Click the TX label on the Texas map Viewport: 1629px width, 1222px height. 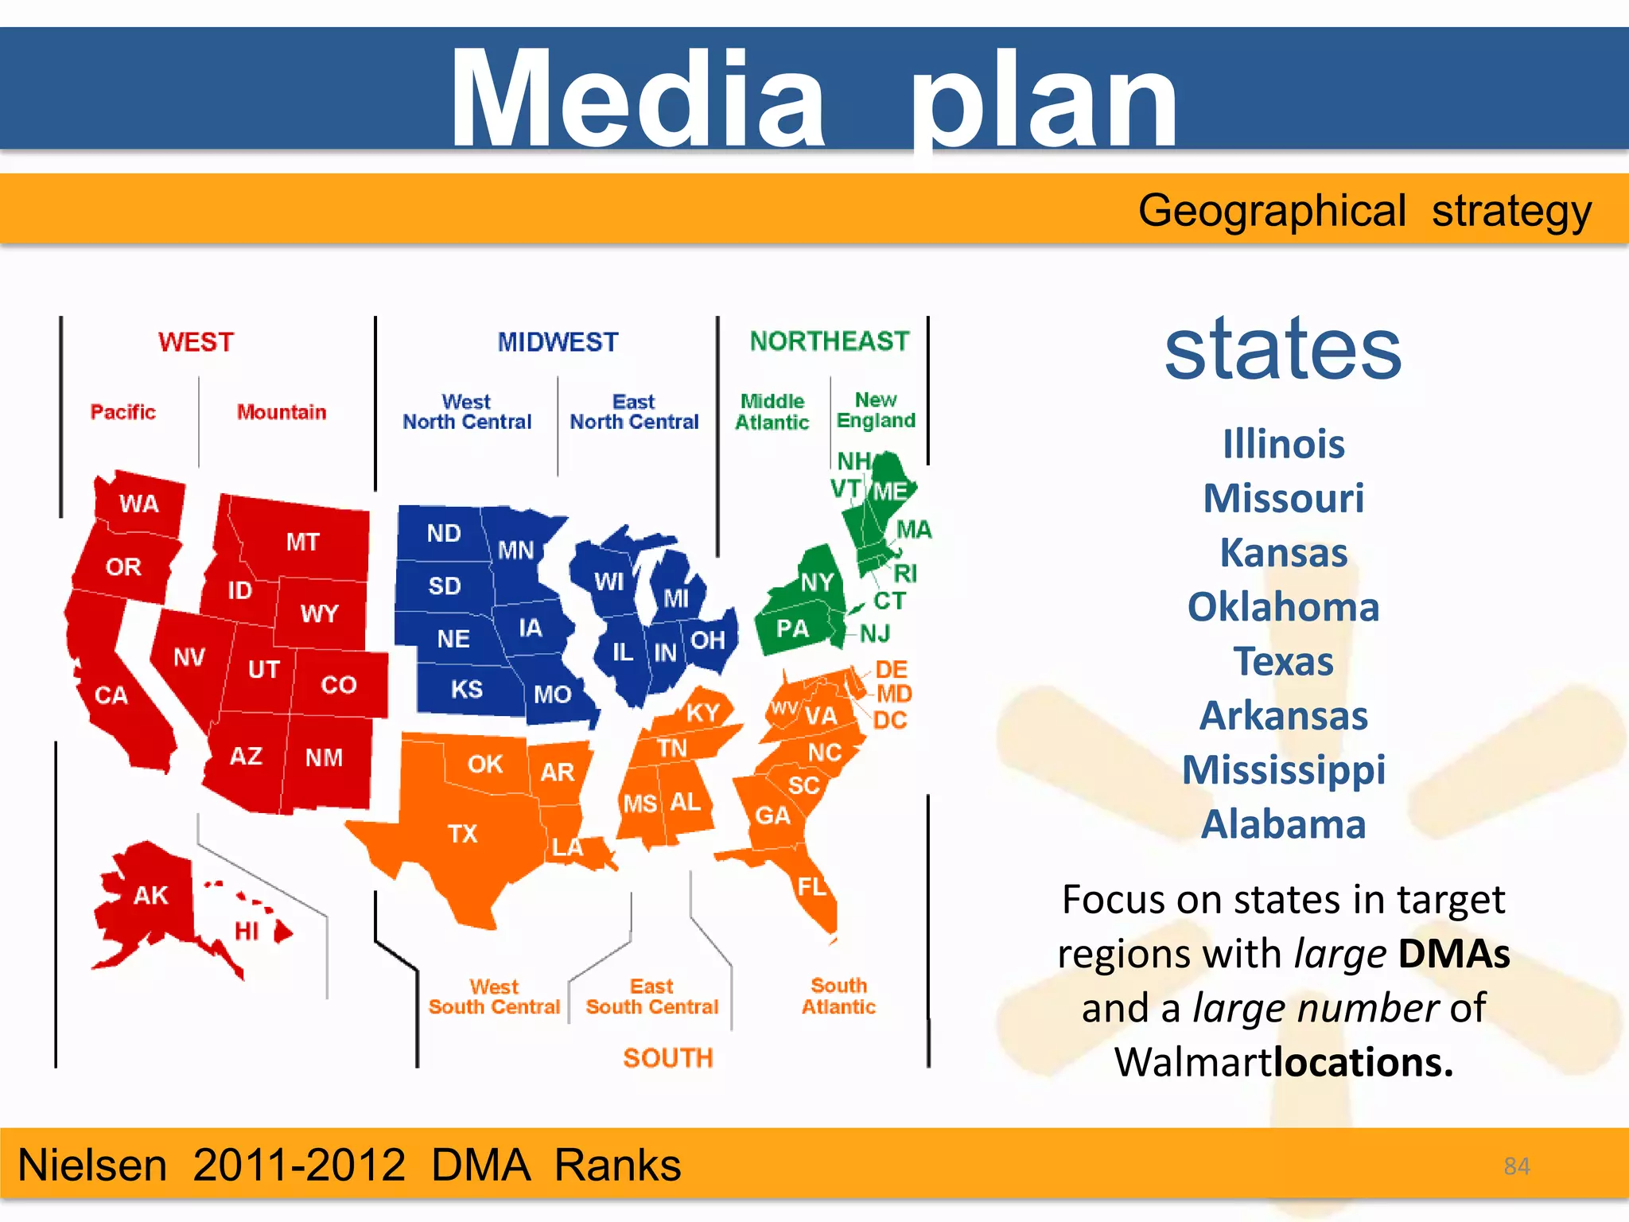click(462, 834)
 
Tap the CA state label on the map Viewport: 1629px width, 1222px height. click(111, 695)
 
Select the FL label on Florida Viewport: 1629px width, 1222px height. click(812, 886)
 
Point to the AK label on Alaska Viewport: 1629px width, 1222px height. click(150, 896)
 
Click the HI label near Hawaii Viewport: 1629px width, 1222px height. click(247, 931)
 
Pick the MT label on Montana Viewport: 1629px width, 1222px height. click(303, 542)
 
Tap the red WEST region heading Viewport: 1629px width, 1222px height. click(196, 342)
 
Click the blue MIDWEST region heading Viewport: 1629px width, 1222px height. click(558, 342)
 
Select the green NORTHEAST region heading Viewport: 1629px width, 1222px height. click(829, 341)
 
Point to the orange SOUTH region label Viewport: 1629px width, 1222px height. click(668, 1058)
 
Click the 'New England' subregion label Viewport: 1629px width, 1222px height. click(876, 410)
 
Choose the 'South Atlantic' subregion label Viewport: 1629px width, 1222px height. click(838, 996)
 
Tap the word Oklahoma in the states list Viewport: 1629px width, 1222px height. click(1283, 607)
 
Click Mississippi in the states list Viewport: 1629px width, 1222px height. click(1283, 770)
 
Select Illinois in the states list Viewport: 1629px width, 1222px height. click(1283, 444)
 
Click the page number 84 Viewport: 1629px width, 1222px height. click(1517, 1166)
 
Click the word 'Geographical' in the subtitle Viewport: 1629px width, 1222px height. click(1272, 212)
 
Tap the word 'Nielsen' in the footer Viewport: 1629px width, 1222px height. click(92, 1166)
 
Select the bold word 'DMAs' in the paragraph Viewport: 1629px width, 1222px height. click(1454, 954)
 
